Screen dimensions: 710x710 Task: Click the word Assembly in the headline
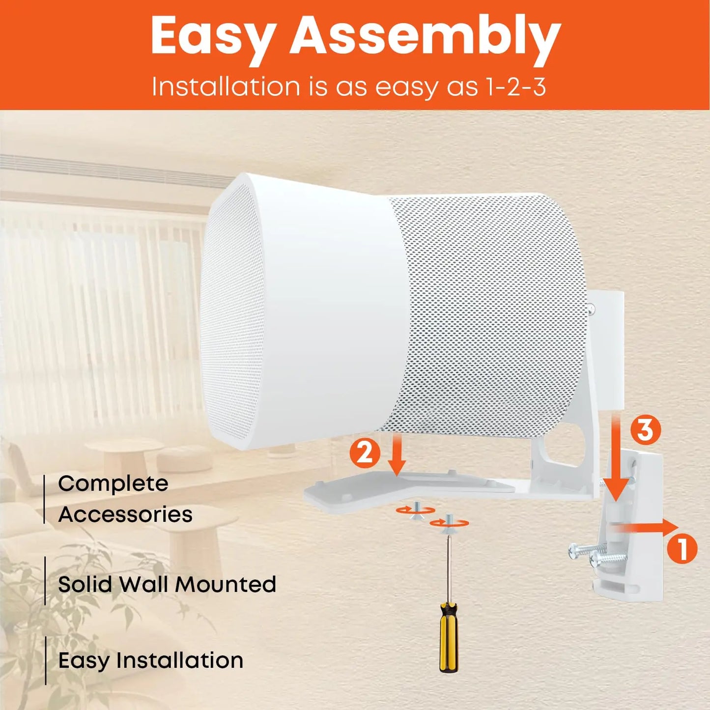[x=425, y=36]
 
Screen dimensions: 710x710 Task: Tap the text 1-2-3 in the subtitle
[x=515, y=87]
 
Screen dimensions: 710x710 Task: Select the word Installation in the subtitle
[x=226, y=87]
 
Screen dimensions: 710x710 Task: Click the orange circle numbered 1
[x=682, y=549]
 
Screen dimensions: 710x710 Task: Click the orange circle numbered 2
[x=365, y=453]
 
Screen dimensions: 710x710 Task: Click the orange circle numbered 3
[x=645, y=430]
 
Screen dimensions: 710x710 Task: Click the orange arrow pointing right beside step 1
[x=646, y=527]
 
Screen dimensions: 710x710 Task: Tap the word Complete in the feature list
[x=113, y=484]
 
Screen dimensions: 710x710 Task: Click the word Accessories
[x=125, y=514]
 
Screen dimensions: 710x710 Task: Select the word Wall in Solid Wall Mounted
[x=145, y=584]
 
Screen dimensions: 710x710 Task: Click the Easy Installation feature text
[x=151, y=660]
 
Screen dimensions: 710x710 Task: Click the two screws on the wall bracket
[x=597, y=555]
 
